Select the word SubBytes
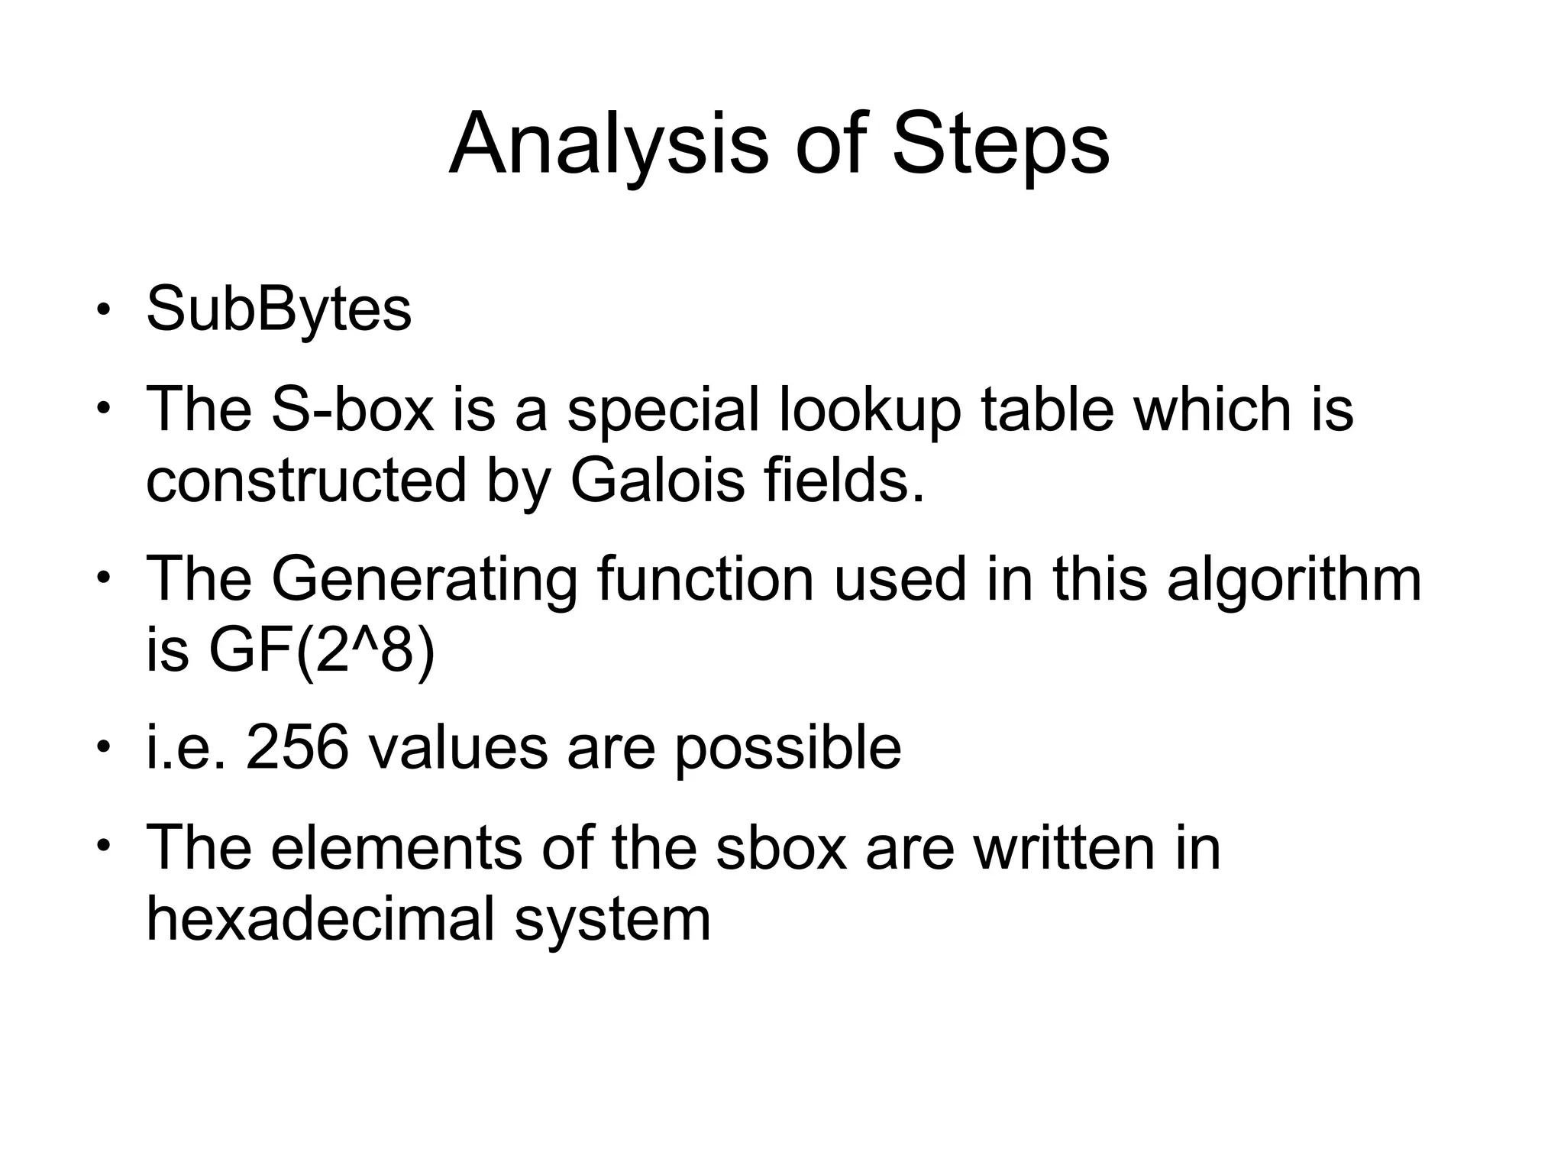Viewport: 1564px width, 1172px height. [x=279, y=310]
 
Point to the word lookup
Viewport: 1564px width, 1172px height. [x=870, y=411]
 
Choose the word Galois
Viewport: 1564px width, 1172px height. [x=657, y=481]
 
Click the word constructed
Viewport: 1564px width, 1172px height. [x=306, y=481]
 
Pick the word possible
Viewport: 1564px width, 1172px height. [x=787, y=748]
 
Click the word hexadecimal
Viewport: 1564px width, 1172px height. [x=320, y=918]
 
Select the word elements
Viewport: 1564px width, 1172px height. [x=396, y=847]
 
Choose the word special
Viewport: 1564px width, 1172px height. [x=664, y=411]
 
